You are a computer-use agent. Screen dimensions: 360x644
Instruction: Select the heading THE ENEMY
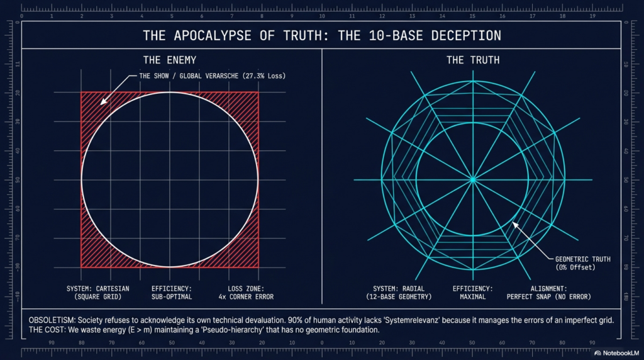(x=170, y=60)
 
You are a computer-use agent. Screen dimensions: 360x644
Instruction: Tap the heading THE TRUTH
(x=473, y=60)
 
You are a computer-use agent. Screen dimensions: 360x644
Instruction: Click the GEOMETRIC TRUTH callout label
(x=583, y=259)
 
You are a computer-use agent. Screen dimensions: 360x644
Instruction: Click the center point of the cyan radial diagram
(x=472, y=180)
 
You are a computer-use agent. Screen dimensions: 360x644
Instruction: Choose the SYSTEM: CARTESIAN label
(x=95, y=289)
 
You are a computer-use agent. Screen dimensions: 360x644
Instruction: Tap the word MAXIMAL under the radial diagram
(x=472, y=297)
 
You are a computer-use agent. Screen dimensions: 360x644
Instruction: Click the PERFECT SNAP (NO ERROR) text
(x=552, y=297)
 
